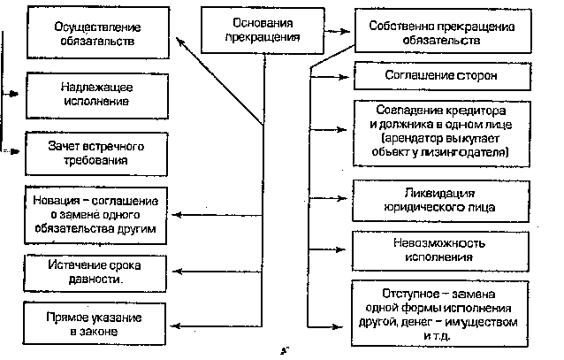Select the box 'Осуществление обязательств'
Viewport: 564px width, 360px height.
pos(96,35)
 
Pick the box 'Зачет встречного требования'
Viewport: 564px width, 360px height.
pos(96,153)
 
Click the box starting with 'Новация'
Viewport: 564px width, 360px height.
pos(96,214)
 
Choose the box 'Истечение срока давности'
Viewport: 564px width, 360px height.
pos(96,272)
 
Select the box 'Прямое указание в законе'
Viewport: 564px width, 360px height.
pos(96,323)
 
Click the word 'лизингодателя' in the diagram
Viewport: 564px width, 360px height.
pos(467,152)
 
